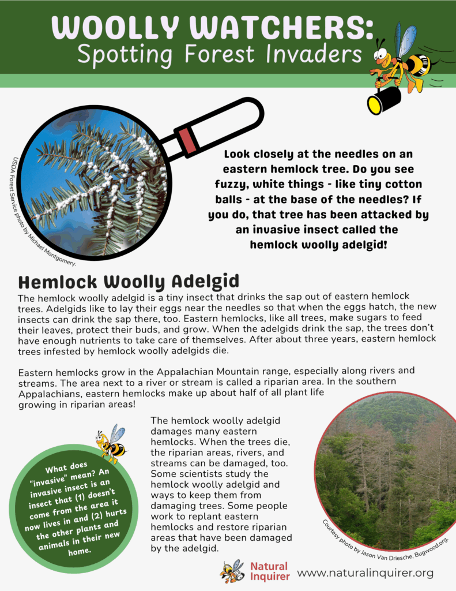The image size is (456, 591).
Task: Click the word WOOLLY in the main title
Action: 114,27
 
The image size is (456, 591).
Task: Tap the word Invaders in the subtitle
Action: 307,54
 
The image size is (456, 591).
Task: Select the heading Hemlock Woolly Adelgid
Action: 129,282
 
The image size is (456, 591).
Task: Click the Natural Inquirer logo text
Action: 269,571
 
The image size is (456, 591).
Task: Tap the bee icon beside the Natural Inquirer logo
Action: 232,571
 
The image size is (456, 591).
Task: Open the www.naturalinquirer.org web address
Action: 365,573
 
